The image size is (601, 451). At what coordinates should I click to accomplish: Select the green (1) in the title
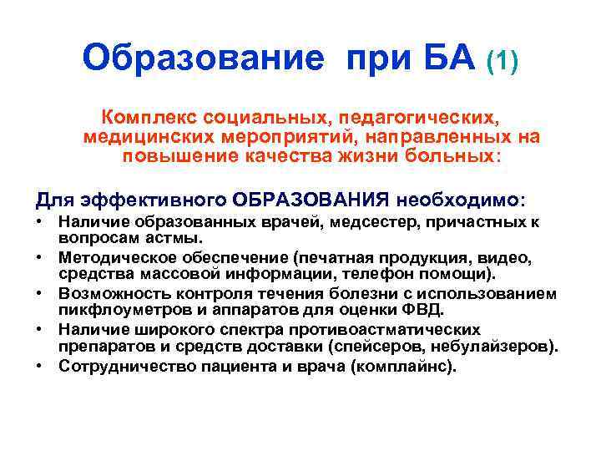point(502,60)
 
